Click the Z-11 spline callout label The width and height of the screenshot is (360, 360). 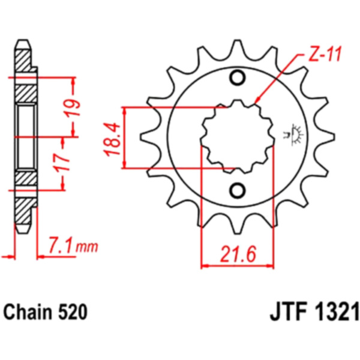(x=324, y=55)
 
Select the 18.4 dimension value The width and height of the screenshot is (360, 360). (x=113, y=139)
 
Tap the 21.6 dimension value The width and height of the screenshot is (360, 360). (x=238, y=254)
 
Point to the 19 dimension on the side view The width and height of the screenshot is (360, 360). (x=73, y=108)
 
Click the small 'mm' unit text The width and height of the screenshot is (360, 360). (x=87, y=247)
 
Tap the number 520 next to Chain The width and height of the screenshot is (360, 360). (x=73, y=312)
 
